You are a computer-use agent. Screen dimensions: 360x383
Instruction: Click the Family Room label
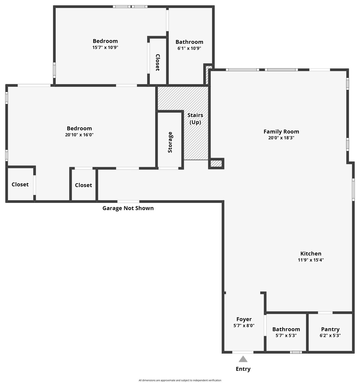(281, 132)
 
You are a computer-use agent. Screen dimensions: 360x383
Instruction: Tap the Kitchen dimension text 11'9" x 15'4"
(310, 260)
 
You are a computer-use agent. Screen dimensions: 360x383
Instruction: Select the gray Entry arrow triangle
(243, 359)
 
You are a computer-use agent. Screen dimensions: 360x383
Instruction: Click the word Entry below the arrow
(243, 369)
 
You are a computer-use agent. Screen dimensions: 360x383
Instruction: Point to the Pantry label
(330, 329)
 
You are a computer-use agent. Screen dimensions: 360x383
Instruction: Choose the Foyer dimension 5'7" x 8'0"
(244, 326)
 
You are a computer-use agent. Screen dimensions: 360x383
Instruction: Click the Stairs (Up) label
(195, 118)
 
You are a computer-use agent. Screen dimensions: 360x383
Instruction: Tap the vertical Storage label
(170, 142)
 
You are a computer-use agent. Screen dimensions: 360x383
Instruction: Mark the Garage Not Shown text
(128, 208)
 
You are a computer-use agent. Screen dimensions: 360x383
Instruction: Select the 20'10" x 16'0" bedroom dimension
(79, 135)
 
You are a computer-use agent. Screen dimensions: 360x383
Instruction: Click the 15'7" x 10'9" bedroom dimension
(105, 47)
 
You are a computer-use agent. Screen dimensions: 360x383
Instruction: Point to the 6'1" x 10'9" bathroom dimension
(189, 48)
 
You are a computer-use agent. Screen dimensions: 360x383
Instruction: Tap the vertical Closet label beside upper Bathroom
(157, 62)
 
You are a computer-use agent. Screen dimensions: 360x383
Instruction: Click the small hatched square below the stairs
(216, 164)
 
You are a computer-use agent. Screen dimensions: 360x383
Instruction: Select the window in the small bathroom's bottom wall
(296, 352)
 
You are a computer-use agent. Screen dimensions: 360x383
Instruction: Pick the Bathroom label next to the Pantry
(286, 329)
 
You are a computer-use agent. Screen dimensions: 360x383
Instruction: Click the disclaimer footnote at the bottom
(180, 380)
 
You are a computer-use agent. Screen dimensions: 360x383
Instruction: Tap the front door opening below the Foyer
(242, 352)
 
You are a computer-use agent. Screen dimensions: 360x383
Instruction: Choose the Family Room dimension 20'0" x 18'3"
(281, 138)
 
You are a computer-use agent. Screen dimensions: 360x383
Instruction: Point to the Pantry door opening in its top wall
(325, 313)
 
